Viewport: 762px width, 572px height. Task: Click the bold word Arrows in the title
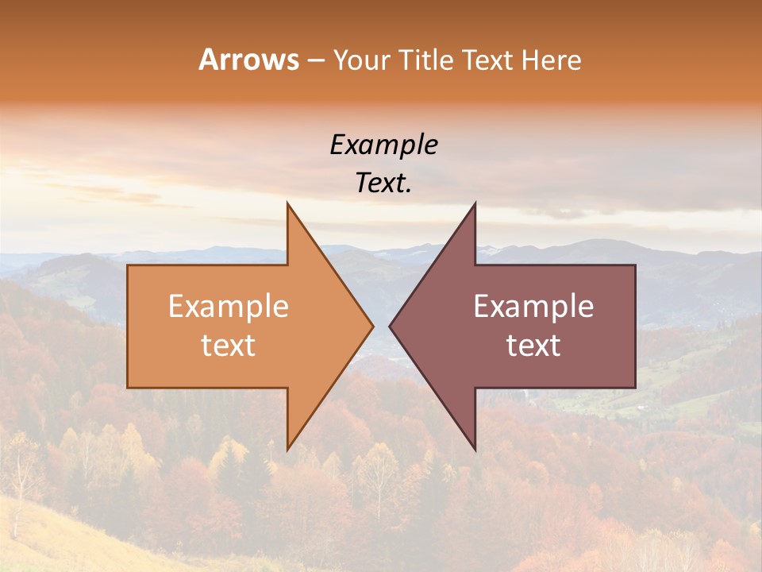point(249,60)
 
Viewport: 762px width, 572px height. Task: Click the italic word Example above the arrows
point(383,145)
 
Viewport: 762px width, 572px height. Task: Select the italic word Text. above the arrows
point(383,184)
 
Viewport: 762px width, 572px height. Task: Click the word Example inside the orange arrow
point(229,307)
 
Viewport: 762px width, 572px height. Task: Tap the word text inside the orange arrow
point(229,346)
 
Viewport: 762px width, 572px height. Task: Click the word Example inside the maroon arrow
point(533,307)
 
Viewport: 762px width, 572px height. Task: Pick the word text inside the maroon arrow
point(533,346)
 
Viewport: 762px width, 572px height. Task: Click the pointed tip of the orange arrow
point(372,326)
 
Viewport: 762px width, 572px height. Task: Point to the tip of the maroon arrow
point(390,326)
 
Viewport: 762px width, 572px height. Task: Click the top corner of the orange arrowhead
point(287,203)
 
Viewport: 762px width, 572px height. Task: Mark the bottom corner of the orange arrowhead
point(287,450)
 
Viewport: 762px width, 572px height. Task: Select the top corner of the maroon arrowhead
point(475,203)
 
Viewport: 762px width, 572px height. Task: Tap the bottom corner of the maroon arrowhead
point(475,450)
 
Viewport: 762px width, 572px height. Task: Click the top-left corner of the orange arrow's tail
point(128,265)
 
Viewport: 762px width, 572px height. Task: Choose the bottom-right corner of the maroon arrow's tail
point(635,388)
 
